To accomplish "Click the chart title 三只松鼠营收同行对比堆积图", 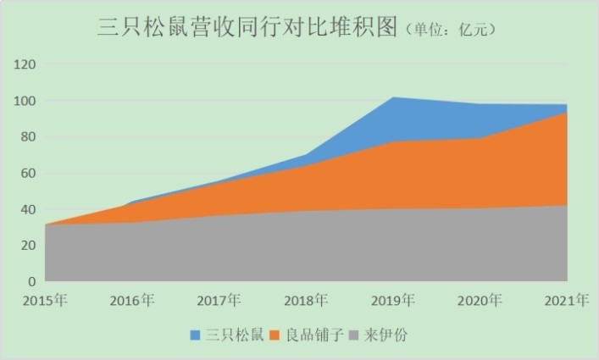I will coord(247,27).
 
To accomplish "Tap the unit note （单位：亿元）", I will coord(450,30).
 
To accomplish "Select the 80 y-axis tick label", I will coord(28,136).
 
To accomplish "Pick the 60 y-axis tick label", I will coord(28,173).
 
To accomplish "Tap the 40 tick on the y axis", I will coord(28,208).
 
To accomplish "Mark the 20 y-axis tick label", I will coord(28,245).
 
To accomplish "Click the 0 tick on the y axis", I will coord(31,281).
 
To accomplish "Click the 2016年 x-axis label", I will coord(131,300).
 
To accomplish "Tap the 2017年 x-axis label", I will coord(219,300).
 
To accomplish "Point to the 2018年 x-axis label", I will coord(306,300).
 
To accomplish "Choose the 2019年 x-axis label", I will coord(392,300).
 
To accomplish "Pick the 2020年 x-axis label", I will coord(480,300).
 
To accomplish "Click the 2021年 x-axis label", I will coord(566,300).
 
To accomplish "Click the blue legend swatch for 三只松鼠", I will coord(195,335).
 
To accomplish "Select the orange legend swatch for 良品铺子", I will coord(275,335).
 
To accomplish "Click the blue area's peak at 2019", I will coord(393,98).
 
